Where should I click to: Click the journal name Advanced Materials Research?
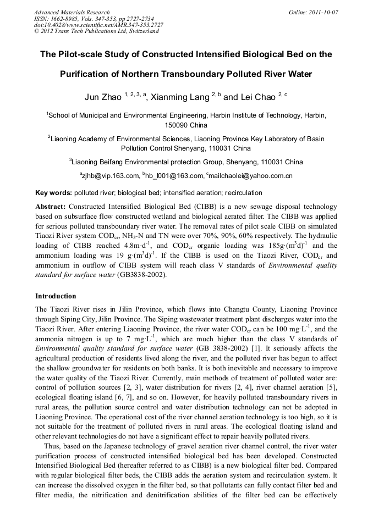click(72, 12)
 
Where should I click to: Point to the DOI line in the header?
click(98, 25)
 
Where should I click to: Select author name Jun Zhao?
click(103, 97)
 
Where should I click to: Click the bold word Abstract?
click(50, 206)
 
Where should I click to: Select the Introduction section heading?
click(56, 296)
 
